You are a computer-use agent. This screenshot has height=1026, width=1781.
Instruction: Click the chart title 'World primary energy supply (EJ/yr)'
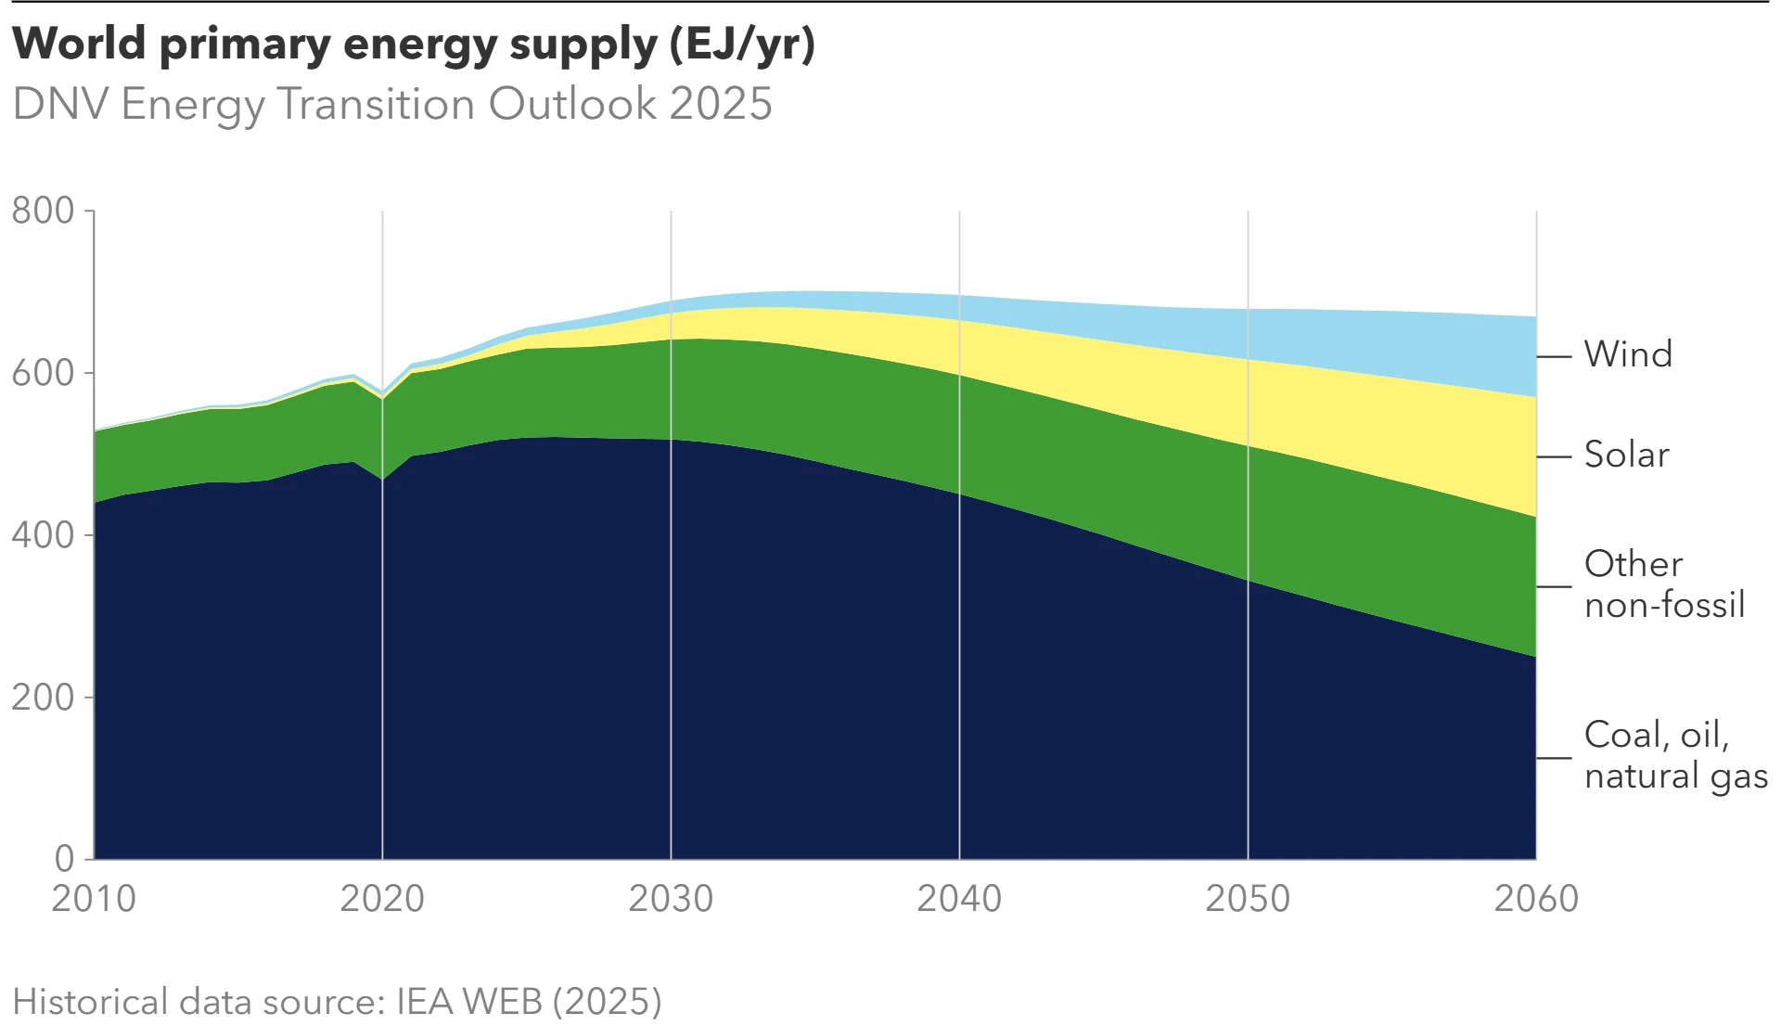pyautogui.click(x=414, y=44)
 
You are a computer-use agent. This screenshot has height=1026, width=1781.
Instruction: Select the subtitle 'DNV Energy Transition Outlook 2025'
pyautogui.click(x=392, y=104)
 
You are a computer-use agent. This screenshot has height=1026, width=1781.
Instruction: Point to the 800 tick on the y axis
pyautogui.click(x=43, y=211)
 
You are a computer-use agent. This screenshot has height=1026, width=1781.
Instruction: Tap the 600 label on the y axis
pyautogui.click(x=43, y=373)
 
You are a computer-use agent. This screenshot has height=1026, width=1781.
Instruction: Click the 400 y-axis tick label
pyautogui.click(x=43, y=535)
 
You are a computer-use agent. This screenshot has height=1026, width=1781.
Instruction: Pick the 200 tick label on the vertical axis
pyautogui.click(x=43, y=698)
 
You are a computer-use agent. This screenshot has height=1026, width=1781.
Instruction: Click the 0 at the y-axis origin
pyautogui.click(x=64, y=859)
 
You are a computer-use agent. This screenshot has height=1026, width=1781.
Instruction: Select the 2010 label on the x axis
pyautogui.click(x=94, y=898)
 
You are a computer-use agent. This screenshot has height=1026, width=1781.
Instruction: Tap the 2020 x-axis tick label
pyautogui.click(x=382, y=898)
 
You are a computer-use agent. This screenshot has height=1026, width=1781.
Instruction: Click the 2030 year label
pyautogui.click(x=671, y=898)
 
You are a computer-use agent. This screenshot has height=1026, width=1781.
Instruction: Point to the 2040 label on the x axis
pyautogui.click(x=959, y=898)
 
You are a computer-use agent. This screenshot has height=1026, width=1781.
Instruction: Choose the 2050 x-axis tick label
pyautogui.click(x=1248, y=898)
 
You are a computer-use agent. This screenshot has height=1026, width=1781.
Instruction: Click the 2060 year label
pyautogui.click(x=1536, y=898)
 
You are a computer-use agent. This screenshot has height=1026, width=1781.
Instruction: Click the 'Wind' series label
pyautogui.click(x=1628, y=354)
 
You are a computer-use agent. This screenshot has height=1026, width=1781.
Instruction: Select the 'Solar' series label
pyautogui.click(x=1626, y=455)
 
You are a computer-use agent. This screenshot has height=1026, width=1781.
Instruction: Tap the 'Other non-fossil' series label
pyautogui.click(x=1664, y=584)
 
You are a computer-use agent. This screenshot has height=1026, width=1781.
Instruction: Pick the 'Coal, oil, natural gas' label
pyautogui.click(x=1675, y=755)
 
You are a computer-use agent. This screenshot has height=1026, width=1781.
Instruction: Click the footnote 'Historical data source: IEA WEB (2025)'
pyautogui.click(x=338, y=1002)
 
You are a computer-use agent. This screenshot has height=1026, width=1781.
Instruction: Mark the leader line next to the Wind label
pyautogui.click(x=1555, y=356)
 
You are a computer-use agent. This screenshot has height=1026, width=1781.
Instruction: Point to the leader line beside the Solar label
pyautogui.click(x=1555, y=456)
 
